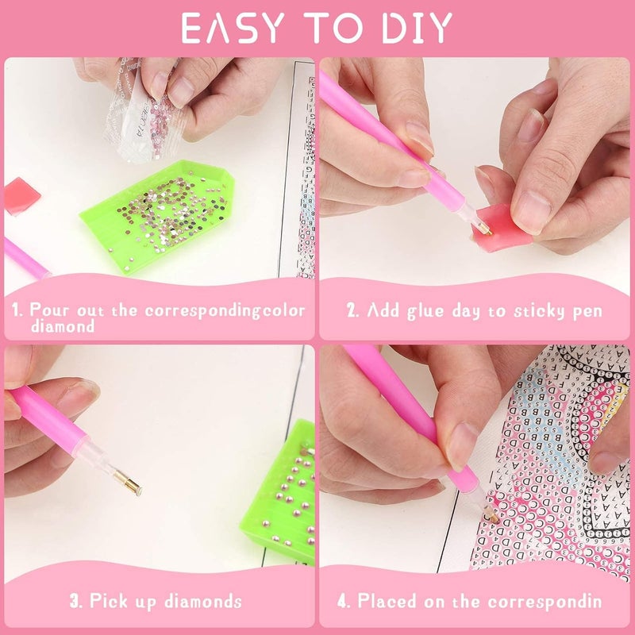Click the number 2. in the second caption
click(x=353, y=310)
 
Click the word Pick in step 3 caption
click(x=107, y=601)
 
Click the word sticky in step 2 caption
click(x=536, y=310)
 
